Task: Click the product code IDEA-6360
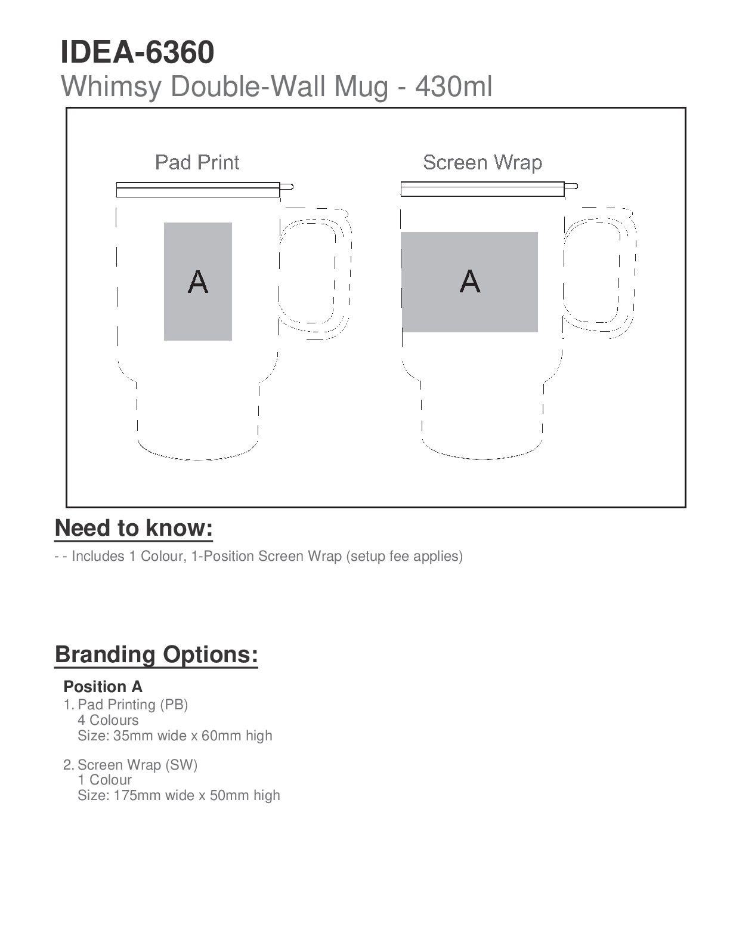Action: [x=137, y=52]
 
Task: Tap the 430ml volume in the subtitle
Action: [x=454, y=87]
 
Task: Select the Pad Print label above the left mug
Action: [x=197, y=162]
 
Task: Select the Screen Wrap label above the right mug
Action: [x=482, y=162]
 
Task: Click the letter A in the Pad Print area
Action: [x=198, y=282]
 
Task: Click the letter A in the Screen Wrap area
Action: [x=470, y=281]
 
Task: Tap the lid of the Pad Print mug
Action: [x=198, y=190]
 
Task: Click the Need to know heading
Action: [x=134, y=528]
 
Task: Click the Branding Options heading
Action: [x=156, y=654]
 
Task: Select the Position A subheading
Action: [x=103, y=687]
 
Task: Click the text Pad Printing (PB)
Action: [x=133, y=705]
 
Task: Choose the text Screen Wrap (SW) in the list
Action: [x=137, y=765]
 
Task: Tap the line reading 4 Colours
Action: [x=108, y=720]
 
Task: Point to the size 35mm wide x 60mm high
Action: [x=175, y=736]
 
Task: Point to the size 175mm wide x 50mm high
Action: [x=178, y=795]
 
